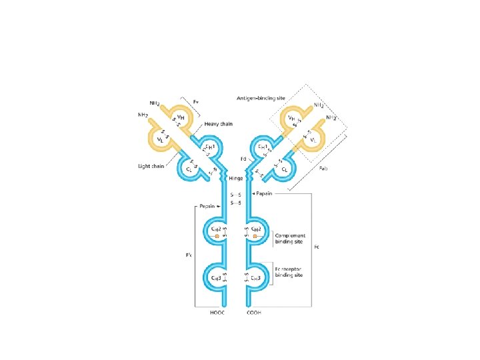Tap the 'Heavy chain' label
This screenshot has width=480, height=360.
click(219, 125)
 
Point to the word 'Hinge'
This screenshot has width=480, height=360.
click(235, 179)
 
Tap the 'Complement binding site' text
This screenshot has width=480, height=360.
click(290, 238)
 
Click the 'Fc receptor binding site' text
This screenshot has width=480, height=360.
click(291, 272)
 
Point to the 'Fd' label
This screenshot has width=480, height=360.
click(245, 160)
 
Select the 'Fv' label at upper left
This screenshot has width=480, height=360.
click(196, 101)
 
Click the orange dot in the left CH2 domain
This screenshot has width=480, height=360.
click(217, 237)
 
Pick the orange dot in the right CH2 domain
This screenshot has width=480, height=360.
click(255, 237)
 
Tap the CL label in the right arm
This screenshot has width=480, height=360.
click(285, 170)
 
